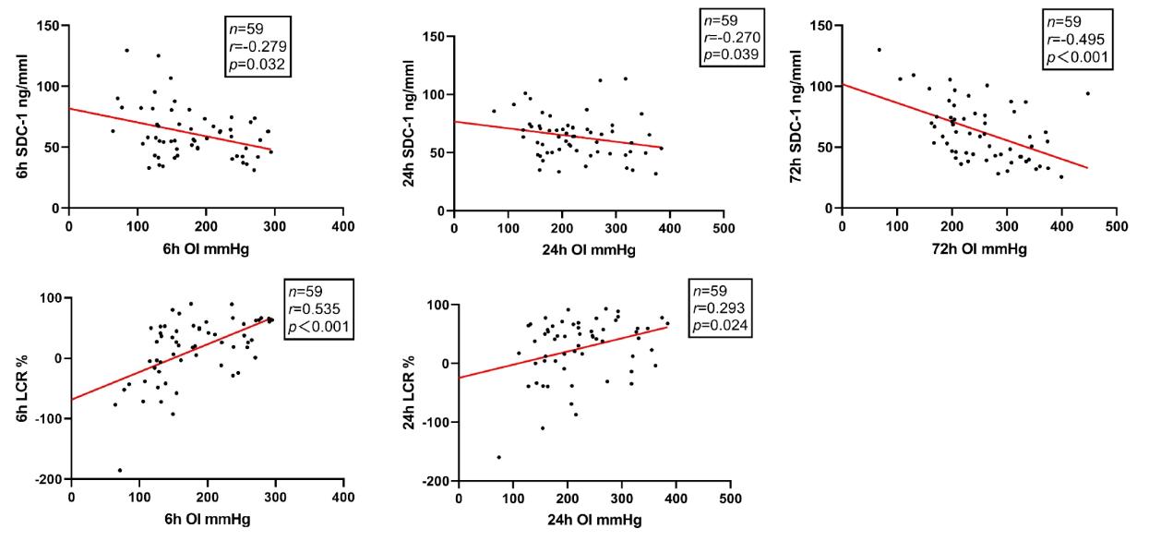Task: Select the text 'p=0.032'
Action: coord(260,66)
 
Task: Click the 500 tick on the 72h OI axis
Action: coord(1116,225)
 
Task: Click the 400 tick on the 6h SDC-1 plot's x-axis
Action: coord(342,225)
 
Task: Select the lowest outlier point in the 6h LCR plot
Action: coord(119,470)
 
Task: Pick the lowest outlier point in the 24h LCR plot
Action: coord(499,457)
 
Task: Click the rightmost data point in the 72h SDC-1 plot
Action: coord(1087,93)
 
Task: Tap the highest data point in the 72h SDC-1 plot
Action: coord(879,50)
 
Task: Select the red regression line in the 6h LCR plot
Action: coord(171,359)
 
